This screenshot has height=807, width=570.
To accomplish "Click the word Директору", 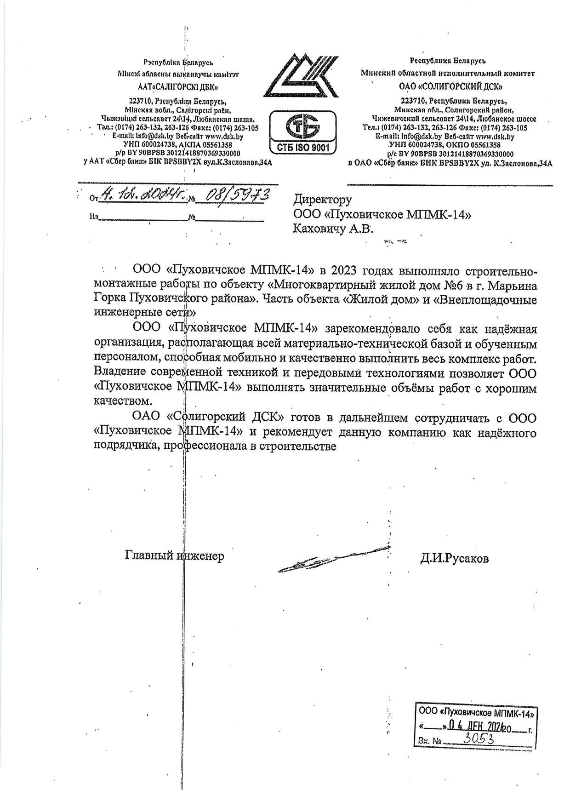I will coord(322,200).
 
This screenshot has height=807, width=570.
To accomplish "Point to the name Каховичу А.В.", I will coord(332,229).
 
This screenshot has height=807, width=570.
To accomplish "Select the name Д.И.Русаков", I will coord(454,558).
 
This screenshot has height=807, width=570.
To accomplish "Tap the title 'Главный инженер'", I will coord(174,556).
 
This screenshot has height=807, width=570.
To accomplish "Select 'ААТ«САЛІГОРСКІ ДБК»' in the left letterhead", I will coord(178,86).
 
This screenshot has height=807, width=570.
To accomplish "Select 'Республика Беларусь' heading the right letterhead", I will coord(448,61).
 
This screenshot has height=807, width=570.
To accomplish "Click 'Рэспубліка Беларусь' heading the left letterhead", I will coord(178,62).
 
